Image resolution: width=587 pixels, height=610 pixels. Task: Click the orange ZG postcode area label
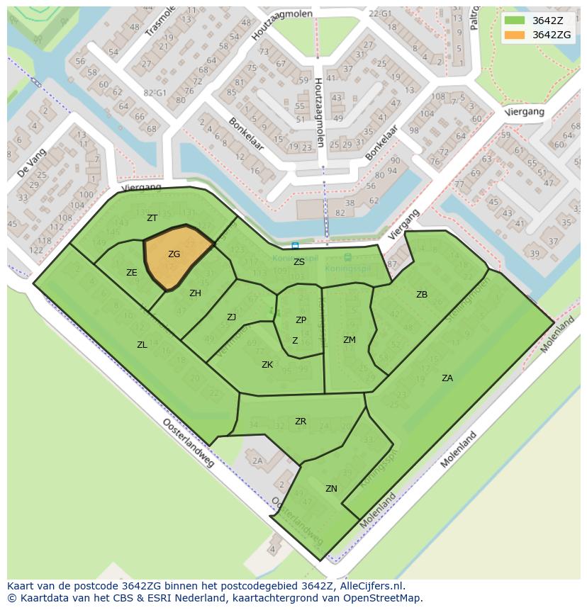pyautogui.click(x=174, y=254)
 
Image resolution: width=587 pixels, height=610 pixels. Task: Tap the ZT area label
pyautogui.click(x=152, y=218)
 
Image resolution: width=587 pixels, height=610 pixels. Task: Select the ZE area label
pyautogui.click(x=131, y=273)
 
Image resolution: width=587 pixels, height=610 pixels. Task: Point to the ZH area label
pyautogui.click(x=195, y=293)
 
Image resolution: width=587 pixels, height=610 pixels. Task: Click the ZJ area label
pyautogui.click(x=231, y=317)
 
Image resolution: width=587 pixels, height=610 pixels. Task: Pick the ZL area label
pyautogui.click(x=142, y=345)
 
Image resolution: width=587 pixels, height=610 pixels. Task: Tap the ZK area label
pyautogui.click(x=267, y=365)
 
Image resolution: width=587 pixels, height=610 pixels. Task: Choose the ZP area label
pyautogui.click(x=301, y=320)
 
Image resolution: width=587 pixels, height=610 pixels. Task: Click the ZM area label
pyautogui.click(x=349, y=340)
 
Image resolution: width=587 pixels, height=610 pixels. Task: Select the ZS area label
pyautogui.click(x=298, y=262)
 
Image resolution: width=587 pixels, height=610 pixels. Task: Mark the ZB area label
pyautogui.click(x=421, y=295)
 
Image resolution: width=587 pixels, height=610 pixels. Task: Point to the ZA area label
pyautogui.click(x=447, y=378)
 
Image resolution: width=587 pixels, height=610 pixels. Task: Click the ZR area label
pyautogui.click(x=300, y=422)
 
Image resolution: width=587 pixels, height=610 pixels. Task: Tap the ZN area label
pyautogui.click(x=331, y=489)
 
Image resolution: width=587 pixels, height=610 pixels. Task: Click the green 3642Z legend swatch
pyautogui.click(x=515, y=21)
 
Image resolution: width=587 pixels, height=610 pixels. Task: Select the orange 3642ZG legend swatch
pyautogui.click(x=515, y=35)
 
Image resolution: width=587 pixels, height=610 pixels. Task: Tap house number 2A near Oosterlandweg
pyautogui.click(x=257, y=461)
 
